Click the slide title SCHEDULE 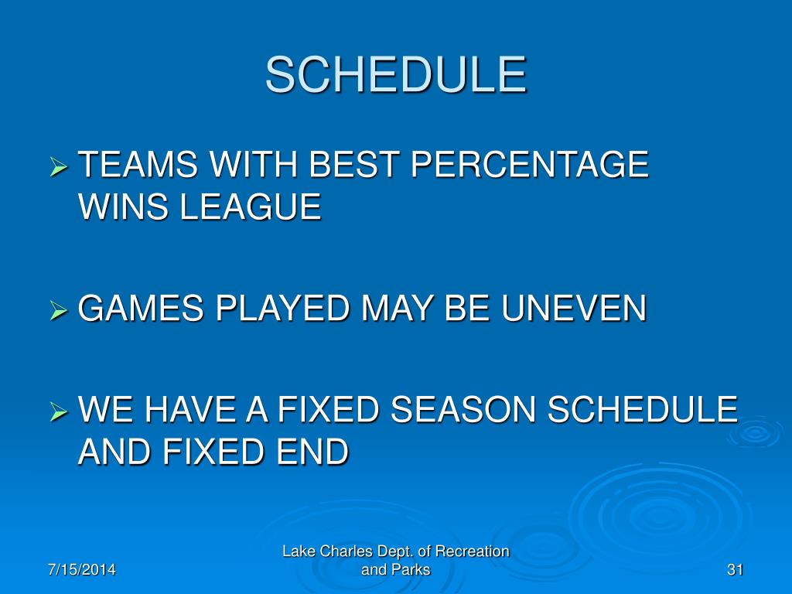396,75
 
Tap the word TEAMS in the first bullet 138,164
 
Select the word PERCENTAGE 529,164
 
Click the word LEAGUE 251,207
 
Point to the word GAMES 141,308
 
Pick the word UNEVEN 574,308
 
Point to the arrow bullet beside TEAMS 59,166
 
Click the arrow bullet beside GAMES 59,310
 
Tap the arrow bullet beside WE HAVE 59,411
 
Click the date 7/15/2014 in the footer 82,570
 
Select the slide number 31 735,570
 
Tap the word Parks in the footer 410,570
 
